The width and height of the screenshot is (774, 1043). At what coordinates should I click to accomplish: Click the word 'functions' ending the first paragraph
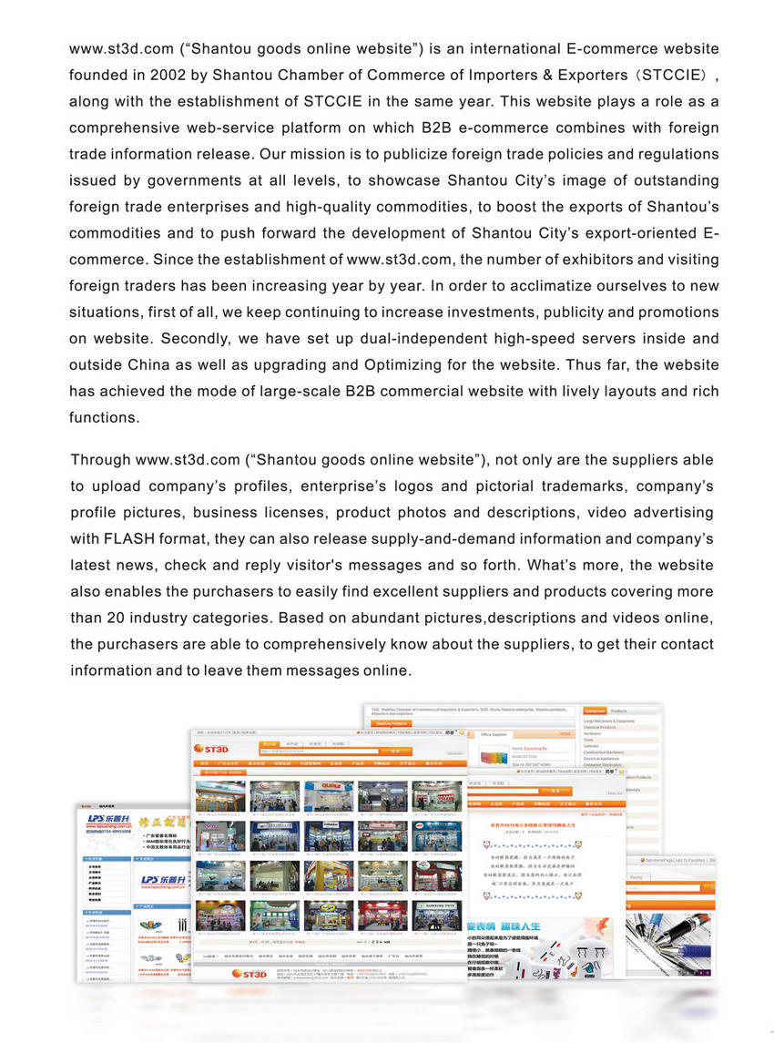[104, 418]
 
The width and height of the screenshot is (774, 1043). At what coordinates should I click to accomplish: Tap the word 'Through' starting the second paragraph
[100, 460]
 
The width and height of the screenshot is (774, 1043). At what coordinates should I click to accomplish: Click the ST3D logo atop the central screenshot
[211, 749]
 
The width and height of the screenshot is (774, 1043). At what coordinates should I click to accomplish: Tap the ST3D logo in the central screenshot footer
[248, 974]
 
